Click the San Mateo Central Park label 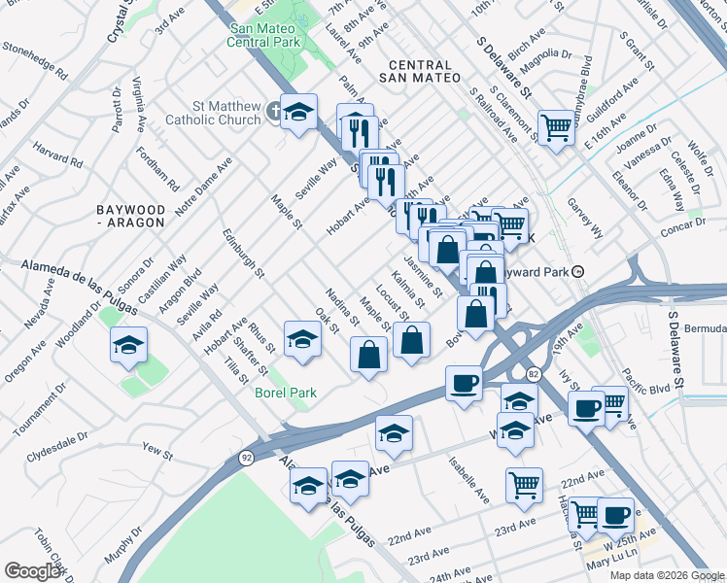[x=262, y=35]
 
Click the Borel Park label [x=287, y=393]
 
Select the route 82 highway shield [x=534, y=373]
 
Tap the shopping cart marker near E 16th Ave [x=556, y=126]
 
